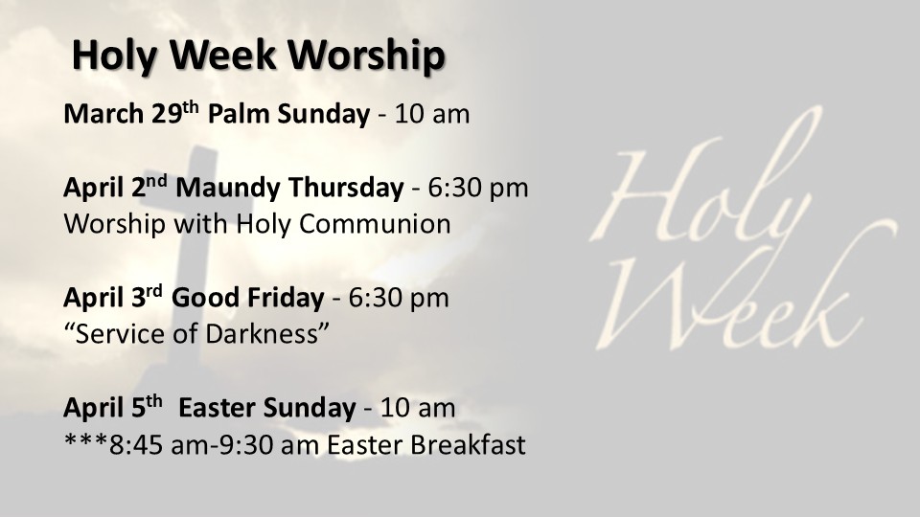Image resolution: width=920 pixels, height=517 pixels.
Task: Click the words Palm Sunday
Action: pos(288,114)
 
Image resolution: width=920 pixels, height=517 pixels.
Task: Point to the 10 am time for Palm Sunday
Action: pos(432,114)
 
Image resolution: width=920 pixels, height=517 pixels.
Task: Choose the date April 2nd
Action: pos(115,187)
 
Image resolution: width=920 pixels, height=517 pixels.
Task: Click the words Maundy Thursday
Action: pos(289,188)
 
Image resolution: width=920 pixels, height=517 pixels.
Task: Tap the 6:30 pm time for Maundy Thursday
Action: pos(478,189)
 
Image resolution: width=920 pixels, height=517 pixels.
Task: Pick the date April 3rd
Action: pos(113,297)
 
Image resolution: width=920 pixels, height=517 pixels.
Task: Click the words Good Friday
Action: pos(247,297)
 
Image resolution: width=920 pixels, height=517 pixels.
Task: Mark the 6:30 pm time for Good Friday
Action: pos(399,298)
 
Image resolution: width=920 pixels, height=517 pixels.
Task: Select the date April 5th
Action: pos(113,407)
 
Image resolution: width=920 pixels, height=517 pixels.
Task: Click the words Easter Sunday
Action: pos(267,408)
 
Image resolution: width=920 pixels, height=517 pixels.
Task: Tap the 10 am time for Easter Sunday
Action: pos(418,408)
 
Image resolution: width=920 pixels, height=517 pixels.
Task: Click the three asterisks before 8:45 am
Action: pos(85,442)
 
